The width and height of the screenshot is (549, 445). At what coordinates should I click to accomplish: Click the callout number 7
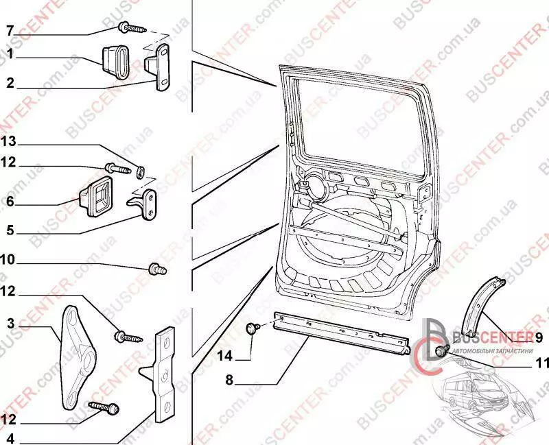(9, 31)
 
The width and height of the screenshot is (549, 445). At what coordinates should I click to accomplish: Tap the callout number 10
(9, 261)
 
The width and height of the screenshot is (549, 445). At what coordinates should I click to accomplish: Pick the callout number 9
(538, 337)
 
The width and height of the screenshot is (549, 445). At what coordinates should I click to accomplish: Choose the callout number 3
(10, 322)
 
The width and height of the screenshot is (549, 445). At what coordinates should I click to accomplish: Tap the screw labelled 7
(132, 28)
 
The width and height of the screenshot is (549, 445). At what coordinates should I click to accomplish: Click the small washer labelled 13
(140, 169)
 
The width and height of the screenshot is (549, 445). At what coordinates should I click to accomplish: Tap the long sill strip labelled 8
(340, 333)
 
